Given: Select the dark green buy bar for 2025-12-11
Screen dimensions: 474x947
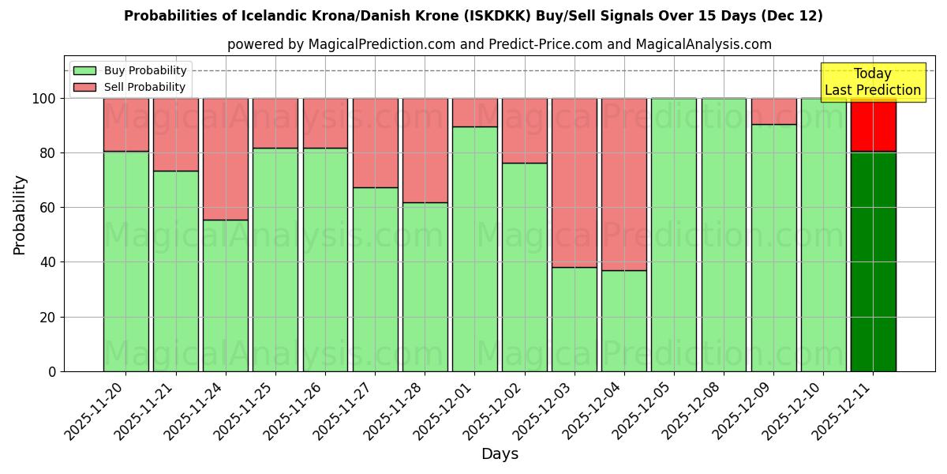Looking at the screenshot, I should pyautogui.click(x=873, y=261).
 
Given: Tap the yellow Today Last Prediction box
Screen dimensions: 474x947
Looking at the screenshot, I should pyautogui.click(x=872, y=82).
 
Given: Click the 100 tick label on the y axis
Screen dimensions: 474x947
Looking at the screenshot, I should pyautogui.click(x=46, y=99).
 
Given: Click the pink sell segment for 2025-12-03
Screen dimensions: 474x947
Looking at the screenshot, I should pyautogui.click(x=574, y=182).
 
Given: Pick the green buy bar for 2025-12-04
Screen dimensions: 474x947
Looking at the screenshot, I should pyautogui.click(x=623, y=320).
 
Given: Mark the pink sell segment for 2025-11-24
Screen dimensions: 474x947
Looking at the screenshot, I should pyautogui.click(x=226, y=158).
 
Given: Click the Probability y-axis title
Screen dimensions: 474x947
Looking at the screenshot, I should pyautogui.click(x=20, y=214).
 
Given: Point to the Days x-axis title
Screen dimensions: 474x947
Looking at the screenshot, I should pyautogui.click(x=500, y=454).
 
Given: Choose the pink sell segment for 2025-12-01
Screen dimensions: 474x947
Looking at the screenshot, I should pyautogui.click(x=474, y=112).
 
